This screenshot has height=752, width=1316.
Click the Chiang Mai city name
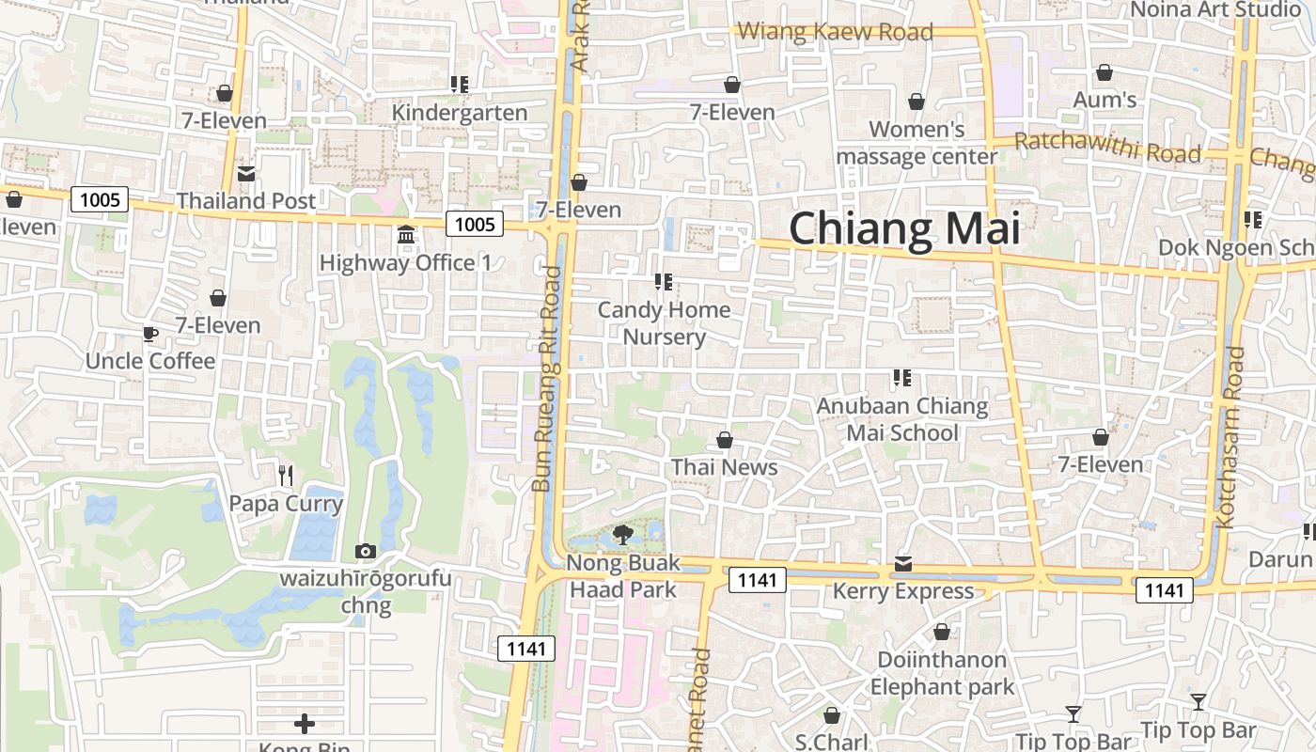pyautogui.click(x=903, y=229)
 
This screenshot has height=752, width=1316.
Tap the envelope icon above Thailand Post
pyautogui.click(x=246, y=174)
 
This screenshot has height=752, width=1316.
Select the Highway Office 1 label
pyautogui.click(x=405, y=262)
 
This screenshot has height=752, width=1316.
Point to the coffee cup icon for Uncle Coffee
pyautogui.click(x=149, y=335)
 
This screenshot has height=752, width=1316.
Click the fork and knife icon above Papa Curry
pyautogui.click(x=286, y=476)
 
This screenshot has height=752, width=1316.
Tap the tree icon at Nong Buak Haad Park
pyautogui.click(x=621, y=536)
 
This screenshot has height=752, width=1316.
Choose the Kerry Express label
pyautogui.click(x=902, y=591)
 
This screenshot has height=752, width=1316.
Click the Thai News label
pyautogui.click(x=724, y=467)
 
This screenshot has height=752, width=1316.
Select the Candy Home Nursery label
pyautogui.click(x=665, y=323)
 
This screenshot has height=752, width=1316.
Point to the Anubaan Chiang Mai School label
pyautogui.click(x=902, y=419)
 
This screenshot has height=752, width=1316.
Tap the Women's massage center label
pyautogui.click(x=916, y=143)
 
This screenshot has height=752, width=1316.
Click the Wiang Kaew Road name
pyautogui.click(x=835, y=33)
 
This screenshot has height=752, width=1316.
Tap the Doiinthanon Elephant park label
pyautogui.click(x=942, y=673)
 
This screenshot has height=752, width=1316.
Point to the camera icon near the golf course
pyautogui.click(x=366, y=551)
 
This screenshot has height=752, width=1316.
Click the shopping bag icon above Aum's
pyautogui.click(x=1104, y=72)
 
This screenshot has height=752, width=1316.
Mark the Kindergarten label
pyautogui.click(x=459, y=113)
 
